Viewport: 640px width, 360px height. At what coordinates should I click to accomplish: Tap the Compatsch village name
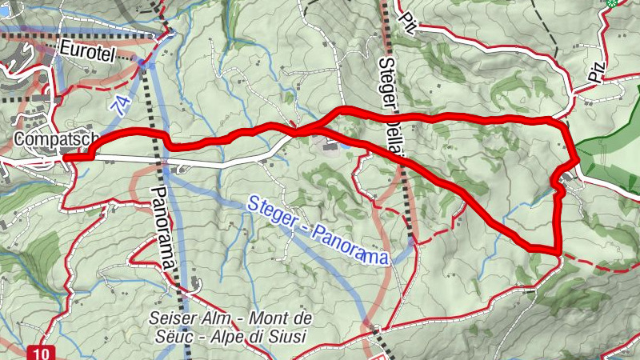[46, 138]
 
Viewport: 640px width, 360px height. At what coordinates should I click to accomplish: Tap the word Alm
[211, 318]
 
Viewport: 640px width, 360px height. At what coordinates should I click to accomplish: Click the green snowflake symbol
[612, 4]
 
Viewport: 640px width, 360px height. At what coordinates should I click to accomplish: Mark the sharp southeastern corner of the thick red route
[558, 252]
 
